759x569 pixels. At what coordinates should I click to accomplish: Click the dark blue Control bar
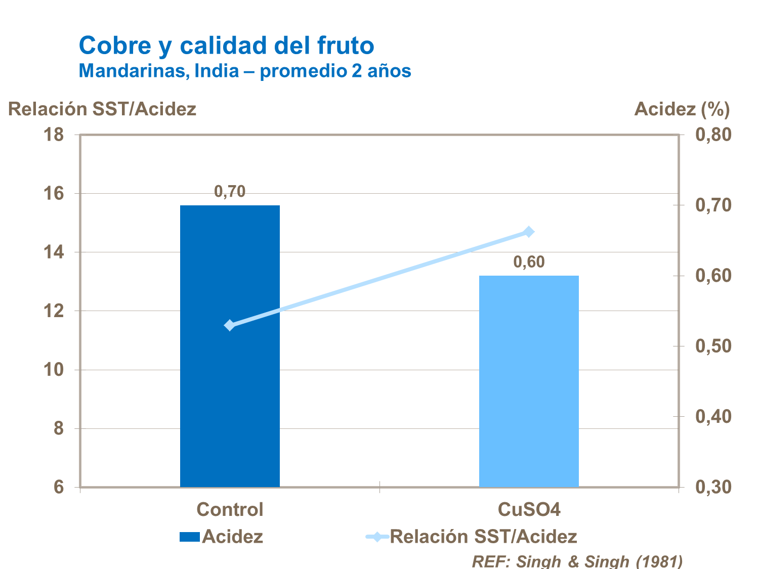click(x=230, y=346)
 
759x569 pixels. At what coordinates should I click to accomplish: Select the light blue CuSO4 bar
click(x=529, y=381)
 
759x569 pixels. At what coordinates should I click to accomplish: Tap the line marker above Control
click(x=230, y=325)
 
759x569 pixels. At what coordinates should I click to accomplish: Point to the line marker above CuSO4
click(x=529, y=232)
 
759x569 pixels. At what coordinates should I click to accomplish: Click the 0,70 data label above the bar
click(x=230, y=192)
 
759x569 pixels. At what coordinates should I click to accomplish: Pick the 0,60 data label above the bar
click(x=529, y=262)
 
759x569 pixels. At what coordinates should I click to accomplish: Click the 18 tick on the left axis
click(x=54, y=135)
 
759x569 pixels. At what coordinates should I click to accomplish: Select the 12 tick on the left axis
click(x=54, y=311)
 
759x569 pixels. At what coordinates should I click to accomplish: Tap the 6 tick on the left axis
click(x=59, y=487)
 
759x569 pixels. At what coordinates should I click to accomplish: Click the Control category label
click(x=230, y=509)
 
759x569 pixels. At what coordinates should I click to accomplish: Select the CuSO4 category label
click(x=529, y=509)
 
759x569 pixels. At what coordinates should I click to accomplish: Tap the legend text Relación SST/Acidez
click(x=483, y=537)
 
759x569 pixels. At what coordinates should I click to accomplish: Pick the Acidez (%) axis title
click(x=682, y=109)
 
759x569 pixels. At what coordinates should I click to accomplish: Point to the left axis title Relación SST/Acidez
click(x=102, y=109)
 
